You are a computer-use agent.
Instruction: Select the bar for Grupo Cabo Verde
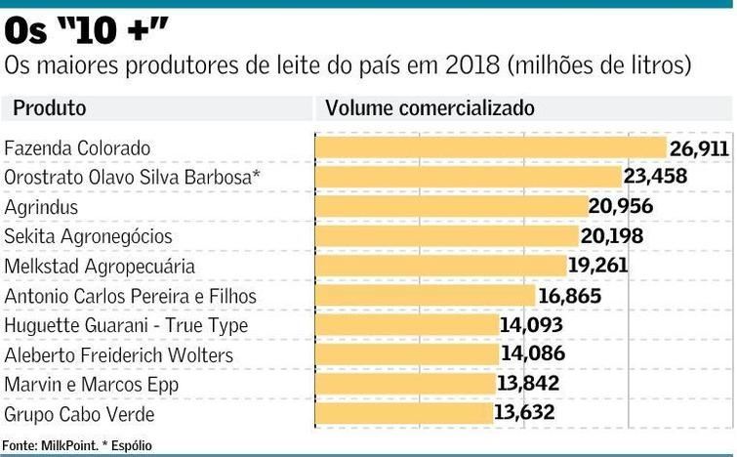tap(403, 413)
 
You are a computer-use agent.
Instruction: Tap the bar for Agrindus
tap(450, 207)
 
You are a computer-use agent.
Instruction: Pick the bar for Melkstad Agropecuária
tap(440, 266)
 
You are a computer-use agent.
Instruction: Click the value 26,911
tap(699, 148)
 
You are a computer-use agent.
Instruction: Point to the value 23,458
tap(656, 177)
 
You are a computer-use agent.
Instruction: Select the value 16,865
tap(569, 295)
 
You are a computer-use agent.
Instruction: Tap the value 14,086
tap(533, 354)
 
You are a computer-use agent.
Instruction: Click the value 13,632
tap(524, 413)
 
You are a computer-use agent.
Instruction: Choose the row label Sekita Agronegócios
tap(88, 236)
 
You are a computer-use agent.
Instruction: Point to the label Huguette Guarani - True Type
tap(126, 325)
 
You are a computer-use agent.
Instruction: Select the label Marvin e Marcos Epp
tap(91, 385)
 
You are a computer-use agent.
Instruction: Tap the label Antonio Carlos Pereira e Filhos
tap(143, 296)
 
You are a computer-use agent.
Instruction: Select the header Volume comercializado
tap(430, 107)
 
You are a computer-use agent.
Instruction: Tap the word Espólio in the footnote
tap(132, 446)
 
